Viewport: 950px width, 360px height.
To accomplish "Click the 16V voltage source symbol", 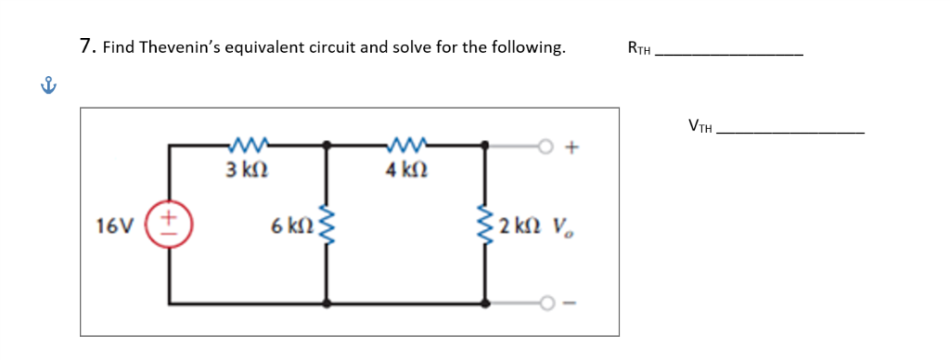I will [170, 224].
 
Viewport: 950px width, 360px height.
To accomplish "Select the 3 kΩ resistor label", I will [248, 171].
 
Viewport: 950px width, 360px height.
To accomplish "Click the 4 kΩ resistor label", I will [404, 171].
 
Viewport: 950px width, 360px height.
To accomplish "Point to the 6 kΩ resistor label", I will [289, 225].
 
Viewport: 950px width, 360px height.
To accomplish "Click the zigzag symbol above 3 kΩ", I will [247, 145].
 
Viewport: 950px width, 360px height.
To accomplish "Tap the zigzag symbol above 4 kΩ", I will [404, 145].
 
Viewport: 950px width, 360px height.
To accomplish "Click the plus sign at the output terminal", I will [571, 146].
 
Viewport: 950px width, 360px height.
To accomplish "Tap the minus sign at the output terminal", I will [571, 303].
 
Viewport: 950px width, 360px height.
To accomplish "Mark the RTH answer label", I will [639, 49].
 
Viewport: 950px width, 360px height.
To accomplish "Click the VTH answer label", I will [700, 126].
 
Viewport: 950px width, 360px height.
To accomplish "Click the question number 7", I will [85, 46].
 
